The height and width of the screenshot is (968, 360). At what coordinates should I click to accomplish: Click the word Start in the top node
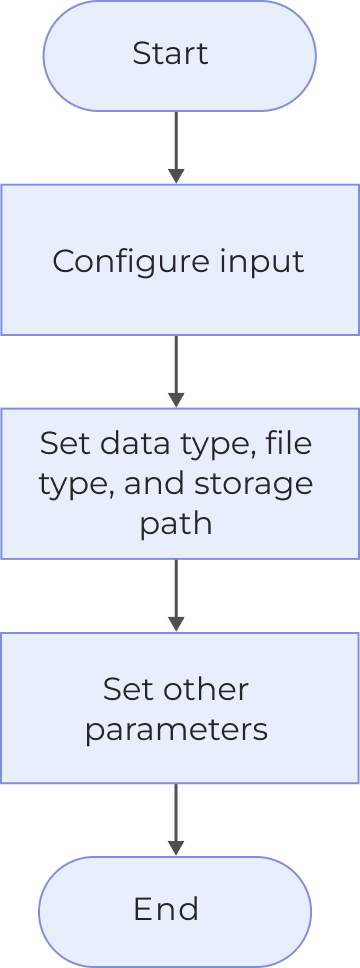tap(170, 53)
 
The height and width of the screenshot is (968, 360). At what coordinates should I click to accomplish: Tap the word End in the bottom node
tap(166, 909)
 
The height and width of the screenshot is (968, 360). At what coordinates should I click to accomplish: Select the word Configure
tap(119, 261)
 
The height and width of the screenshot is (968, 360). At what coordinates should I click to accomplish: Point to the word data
tap(127, 442)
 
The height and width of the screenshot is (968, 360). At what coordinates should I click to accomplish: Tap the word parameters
tap(176, 729)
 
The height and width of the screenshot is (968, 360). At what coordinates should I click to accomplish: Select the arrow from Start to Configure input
tap(176, 145)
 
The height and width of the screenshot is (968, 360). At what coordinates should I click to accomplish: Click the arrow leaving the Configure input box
tap(176, 370)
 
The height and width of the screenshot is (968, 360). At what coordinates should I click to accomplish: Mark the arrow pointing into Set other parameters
tap(176, 594)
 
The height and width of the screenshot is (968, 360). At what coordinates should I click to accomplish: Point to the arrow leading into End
tap(176, 819)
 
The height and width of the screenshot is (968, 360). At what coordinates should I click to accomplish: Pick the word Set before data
tap(61, 442)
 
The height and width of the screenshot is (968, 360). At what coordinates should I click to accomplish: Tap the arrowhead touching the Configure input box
tap(176, 176)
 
